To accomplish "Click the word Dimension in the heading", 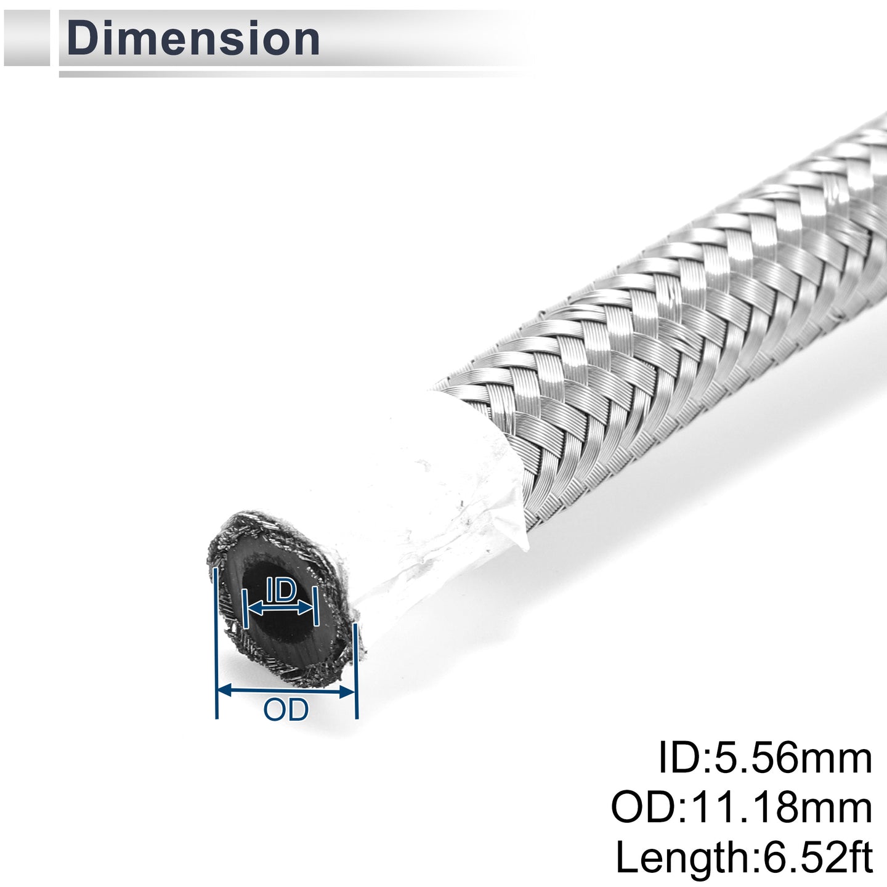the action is click(x=193, y=38).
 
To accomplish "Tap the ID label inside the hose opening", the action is click(x=281, y=591).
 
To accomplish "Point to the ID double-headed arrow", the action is click(x=280, y=608).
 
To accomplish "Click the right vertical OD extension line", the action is click(x=356, y=671).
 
